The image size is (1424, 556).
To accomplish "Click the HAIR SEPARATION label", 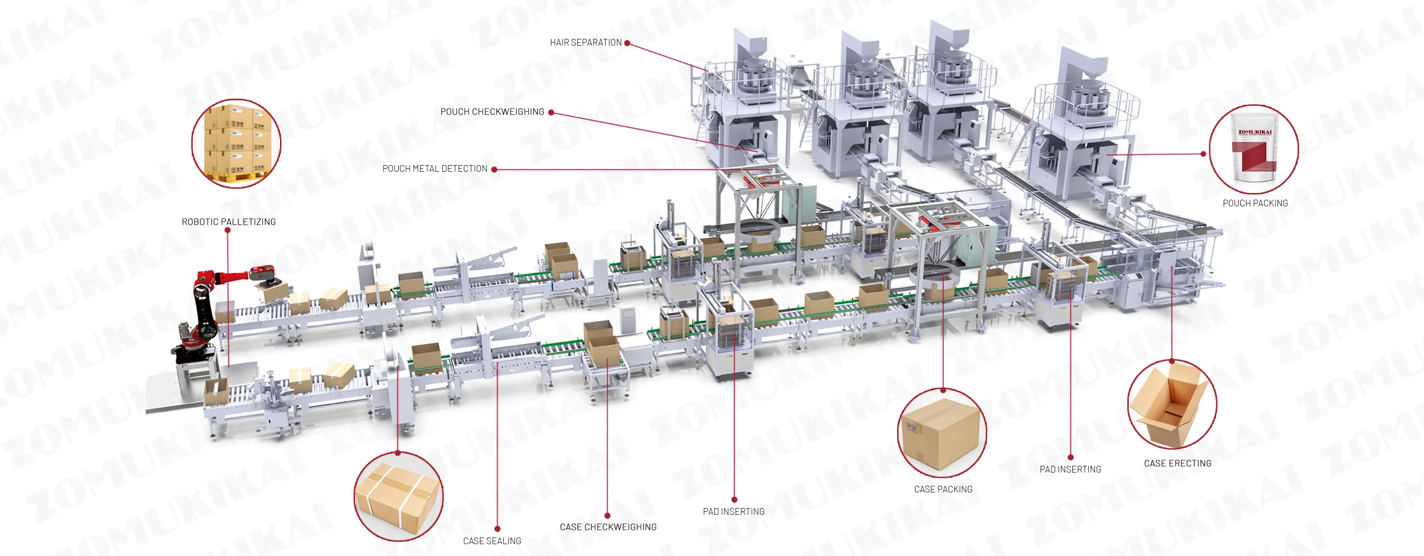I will tap(585, 43).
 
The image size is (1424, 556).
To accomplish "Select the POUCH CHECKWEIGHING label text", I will tap(492, 111).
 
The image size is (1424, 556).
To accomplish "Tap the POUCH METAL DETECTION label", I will tap(434, 168).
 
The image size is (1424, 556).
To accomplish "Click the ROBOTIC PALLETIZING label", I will tap(228, 222).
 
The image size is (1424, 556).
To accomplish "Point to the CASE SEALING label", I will tap(491, 540).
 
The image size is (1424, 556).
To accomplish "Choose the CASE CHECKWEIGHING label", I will tap(608, 527).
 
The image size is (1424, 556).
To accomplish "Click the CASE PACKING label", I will tap(943, 489).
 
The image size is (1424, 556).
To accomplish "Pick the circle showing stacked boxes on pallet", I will tap(236, 143).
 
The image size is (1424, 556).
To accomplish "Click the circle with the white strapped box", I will tap(398, 496).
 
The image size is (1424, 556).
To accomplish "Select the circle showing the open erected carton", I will tap(1171, 405).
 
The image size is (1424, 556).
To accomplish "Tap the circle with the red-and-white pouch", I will tap(1253, 149).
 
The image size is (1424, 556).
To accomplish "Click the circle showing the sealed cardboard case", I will tap(941, 433).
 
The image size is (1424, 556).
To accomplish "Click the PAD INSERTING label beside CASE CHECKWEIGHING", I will tap(733, 511).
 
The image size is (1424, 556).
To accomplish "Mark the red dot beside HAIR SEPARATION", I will tap(627, 43).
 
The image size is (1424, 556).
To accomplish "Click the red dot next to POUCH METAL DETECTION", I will tap(494, 170).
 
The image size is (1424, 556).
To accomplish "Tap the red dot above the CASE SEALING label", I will tap(497, 529).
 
